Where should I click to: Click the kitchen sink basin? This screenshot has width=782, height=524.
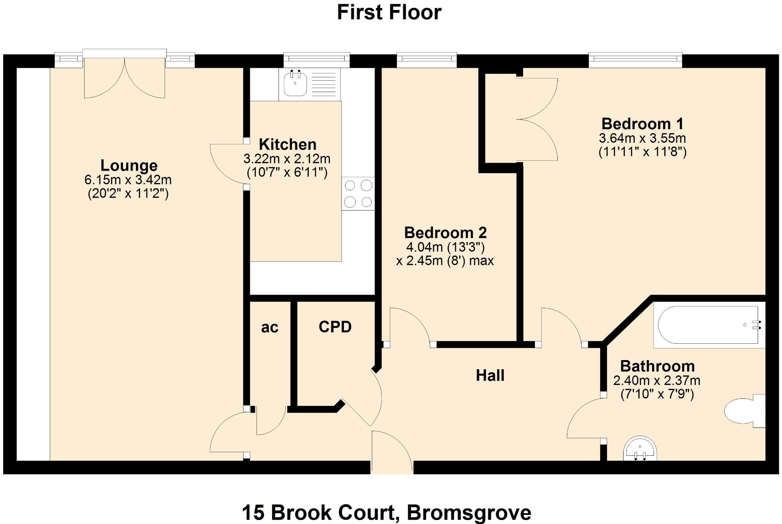click(x=295, y=83)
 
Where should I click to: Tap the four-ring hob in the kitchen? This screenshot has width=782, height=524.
click(x=358, y=194)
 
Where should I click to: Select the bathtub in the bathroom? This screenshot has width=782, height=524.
click(x=709, y=325)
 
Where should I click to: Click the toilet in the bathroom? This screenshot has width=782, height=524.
click(x=742, y=411)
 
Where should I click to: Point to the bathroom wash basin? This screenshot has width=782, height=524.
click(x=640, y=449)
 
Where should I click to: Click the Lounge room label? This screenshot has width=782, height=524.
click(x=128, y=165)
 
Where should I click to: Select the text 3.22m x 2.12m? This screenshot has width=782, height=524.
click(x=287, y=159)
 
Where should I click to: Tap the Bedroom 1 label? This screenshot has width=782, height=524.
click(x=642, y=124)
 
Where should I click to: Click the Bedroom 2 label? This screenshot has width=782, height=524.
click(x=445, y=232)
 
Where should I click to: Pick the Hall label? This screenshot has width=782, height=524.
click(x=490, y=375)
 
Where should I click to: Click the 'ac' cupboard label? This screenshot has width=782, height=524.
click(x=269, y=327)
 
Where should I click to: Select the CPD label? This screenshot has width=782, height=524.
click(x=335, y=327)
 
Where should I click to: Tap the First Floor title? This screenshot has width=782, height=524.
click(x=389, y=12)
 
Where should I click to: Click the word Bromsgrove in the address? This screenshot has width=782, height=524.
click(x=469, y=512)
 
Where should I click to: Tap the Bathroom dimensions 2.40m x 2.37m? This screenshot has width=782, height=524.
click(x=657, y=380)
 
